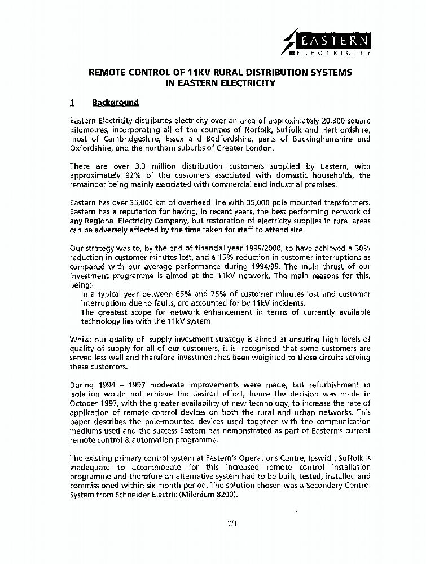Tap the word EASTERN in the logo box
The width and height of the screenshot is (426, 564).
(335, 41)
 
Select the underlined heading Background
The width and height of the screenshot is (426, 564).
(115, 103)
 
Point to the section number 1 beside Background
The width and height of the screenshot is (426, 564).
(72, 103)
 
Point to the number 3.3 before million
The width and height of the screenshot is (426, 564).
(138, 166)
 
